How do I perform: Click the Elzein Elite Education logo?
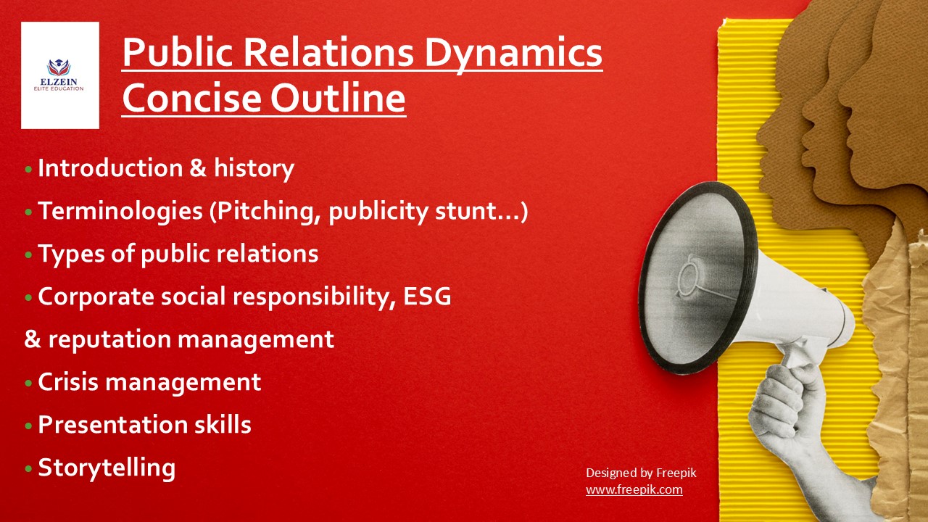pyautogui.click(x=59, y=75)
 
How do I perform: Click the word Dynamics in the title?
pyautogui.click(x=513, y=54)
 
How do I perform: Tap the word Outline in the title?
pyautogui.click(x=338, y=98)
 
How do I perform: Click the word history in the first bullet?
pyautogui.click(x=254, y=169)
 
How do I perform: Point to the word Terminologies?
pyautogui.click(x=120, y=211)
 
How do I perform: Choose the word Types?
pyautogui.click(x=71, y=254)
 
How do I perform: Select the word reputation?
pyautogui.click(x=109, y=340)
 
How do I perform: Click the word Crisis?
pyautogui.click(x=67, y=381)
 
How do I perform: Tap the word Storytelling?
pyautogui.click(x=107, y=468)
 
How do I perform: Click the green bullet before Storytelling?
pyautogui.click(x=28, y=469)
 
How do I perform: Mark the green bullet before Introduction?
pyautogui.click(x=28, y=169)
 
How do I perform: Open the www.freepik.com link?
pyautogui.click(x=634, y=489)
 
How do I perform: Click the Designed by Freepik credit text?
pyautogui.click(x=641, y=473)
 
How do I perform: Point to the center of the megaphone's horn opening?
pyautogui.click(x=696, y=277)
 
